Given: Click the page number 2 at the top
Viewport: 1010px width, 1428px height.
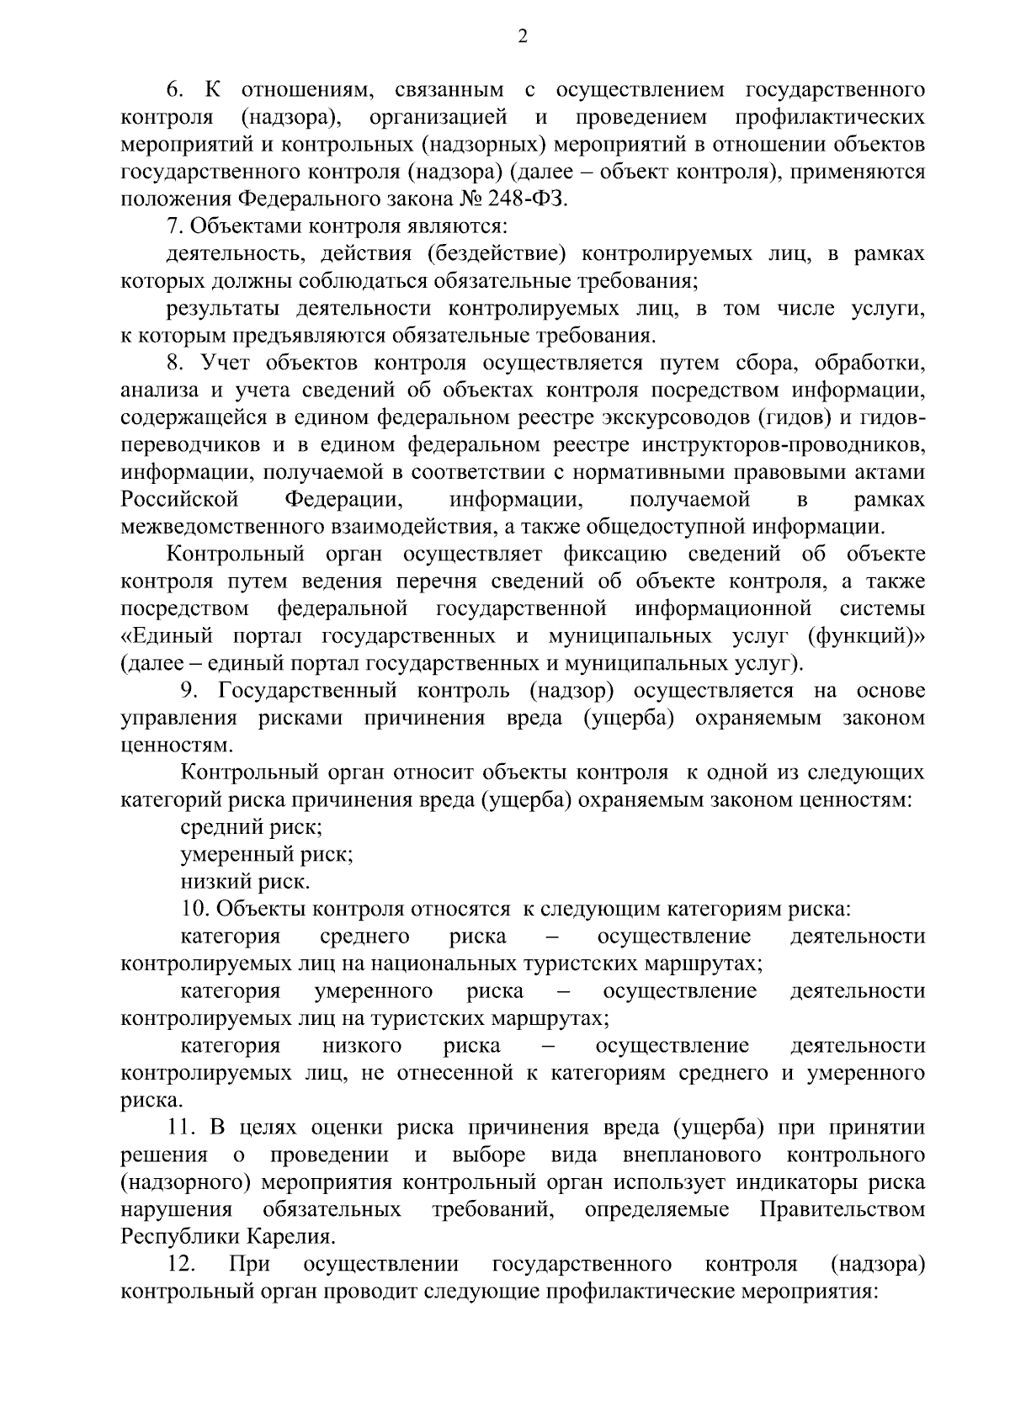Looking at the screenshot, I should coord(522,35).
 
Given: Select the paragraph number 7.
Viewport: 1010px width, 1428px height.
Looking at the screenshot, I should coord(173,226).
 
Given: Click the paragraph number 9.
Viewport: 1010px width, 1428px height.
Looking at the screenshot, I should coord(189,690).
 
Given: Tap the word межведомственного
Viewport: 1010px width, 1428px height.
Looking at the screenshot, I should coord(218,527).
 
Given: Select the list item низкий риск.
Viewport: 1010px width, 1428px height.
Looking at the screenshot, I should coord(246,881).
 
